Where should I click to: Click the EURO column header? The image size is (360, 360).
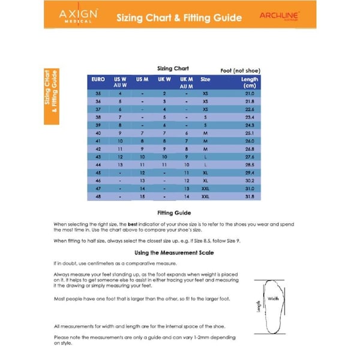click(x=98, y=79)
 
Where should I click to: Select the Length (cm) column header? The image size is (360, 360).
click(x=250, y=82)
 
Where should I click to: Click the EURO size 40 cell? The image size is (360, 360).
click(x=98, y=133)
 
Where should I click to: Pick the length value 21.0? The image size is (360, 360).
click(x=250, y=94)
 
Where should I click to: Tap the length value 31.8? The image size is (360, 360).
click(x=250, y=196)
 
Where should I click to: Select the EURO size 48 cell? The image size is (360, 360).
click(x=98, y=196)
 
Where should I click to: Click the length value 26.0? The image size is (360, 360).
click(x=250, y=140)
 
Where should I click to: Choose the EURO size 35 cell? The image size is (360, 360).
click(x=98, y=94)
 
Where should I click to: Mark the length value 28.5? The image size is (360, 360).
click(x=250, y=164)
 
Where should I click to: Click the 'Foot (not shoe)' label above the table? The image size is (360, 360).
click(x=240, y=70)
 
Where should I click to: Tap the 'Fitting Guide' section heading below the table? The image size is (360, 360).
click(x=174, y=212)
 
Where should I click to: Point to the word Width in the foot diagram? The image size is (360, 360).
click(x=274, y=298)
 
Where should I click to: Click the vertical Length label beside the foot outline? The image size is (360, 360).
click(x=259, y=306)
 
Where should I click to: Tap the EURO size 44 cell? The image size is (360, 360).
click(x=98, y=164)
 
